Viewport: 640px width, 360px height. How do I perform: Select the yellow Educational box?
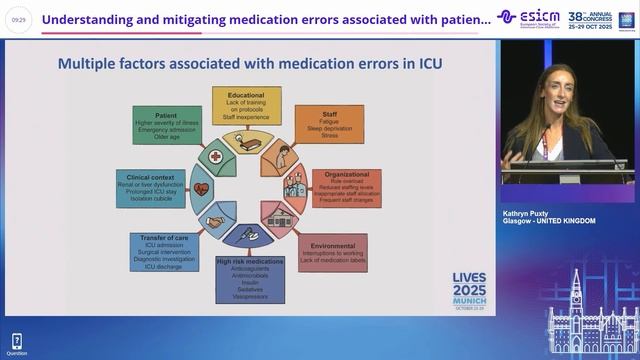point(245,103)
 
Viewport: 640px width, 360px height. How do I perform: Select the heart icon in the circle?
point(203,188)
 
